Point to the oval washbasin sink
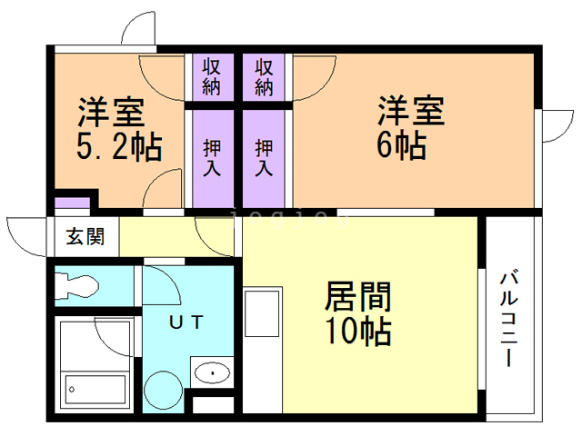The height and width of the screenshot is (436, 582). pos(213,372)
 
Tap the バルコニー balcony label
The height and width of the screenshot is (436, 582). pos(509,318)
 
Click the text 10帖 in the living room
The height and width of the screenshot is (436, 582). pos(358,330)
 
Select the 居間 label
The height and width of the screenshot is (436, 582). pos(358,297)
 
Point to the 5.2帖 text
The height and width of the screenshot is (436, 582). pos(119,144)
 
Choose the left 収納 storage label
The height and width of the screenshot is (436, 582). pos(212,76)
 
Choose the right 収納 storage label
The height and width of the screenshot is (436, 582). pos(265,76)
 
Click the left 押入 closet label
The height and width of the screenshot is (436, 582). pos(212,157)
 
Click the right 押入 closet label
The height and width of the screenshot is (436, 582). pos(265,157)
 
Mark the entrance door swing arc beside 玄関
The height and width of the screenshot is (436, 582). pos(25,238)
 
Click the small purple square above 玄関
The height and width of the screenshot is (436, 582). pos(69,203)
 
